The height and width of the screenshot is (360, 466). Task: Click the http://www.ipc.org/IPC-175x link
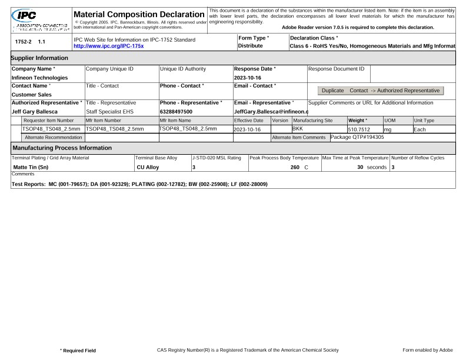coord(108,46)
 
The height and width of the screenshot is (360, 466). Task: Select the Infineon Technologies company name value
coord(40,78)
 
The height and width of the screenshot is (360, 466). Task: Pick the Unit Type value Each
coord(420,129)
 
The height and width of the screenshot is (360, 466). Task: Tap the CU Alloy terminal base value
coord(148,168)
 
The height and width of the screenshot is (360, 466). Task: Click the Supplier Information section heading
coord(39,58)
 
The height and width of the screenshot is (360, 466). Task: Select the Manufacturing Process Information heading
coord(62,148)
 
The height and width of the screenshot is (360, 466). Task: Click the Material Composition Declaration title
coord(138,14)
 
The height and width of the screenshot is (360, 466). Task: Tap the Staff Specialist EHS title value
coord(114,111)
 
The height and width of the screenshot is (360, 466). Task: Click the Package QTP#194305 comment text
coord(357,137)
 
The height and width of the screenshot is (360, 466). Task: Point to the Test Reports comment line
coord(139,184)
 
